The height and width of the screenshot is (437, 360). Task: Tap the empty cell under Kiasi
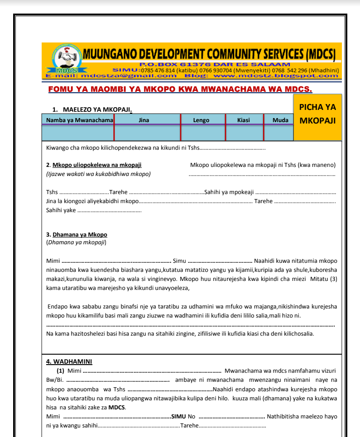pos(244,133)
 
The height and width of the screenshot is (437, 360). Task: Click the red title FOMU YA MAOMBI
pos(180,89)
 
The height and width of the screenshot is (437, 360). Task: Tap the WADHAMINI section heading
pos(69,361)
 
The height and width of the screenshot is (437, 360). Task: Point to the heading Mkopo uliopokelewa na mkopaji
pos(100,165)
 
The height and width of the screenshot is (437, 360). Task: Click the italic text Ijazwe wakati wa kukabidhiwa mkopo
pos(98,174)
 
